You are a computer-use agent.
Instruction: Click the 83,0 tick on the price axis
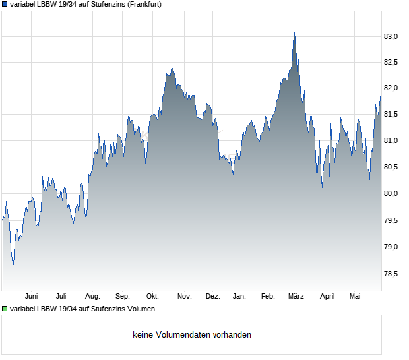pyautogui.click(x=391, y=36)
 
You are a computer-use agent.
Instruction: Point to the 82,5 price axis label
pyautogui.click(x=391, y=62)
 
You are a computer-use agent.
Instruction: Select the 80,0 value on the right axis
pyautogui.click(x=391, y=193)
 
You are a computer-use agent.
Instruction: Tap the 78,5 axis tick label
pyautogui.click(x=391, y=274)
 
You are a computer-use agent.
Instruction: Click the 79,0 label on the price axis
pyautogui.click(x=391, y=247)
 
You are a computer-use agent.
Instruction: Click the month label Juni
pyautogui.click(x=31, y=297)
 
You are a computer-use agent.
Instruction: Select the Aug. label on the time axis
pyautogui.click(x=92, y=297)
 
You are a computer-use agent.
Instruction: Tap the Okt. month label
pyautogui.click(x=152, y=297)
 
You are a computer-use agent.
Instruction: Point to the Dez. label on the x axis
pyautogui.click(x=213, y=297)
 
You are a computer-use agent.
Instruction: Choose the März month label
pyautogui.click(x=296, y=297)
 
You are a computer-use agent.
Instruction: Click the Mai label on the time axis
pyautogui.click(x=355, y=297)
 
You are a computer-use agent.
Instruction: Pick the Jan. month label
pyautogui.click(x=239, y=297)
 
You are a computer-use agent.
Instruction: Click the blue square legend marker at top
pyautogui.click(x=5, y=4)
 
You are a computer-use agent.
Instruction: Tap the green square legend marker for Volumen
pyautogui.click(x=5, y=309)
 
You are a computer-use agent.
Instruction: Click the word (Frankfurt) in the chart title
pyautogui.click(x=144, y=5)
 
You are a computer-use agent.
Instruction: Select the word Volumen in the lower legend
pyautogui.click(x=141, y=309)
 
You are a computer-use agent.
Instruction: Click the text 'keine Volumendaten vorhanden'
pyautogui.click(x=192, y=334)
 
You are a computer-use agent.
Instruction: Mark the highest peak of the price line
pyautogui.click(x=294, y=33)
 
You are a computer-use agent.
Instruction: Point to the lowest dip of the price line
pyautogui.click(x=13, y=264)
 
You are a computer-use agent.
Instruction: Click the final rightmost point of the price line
pyautogui.click(x=381, y=94)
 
